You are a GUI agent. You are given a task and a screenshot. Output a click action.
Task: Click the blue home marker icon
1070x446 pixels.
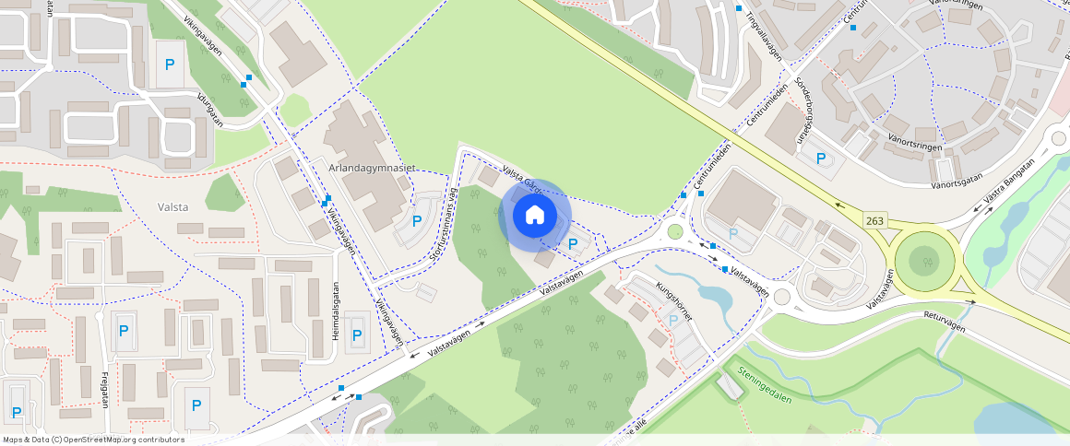coord(534,216)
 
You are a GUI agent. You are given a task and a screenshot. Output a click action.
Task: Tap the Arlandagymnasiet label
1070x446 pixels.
coord(373,169)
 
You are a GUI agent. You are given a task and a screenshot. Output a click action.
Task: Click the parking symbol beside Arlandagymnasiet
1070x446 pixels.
coord(417,220)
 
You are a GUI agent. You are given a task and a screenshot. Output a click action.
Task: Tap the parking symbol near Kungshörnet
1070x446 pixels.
coord(673,320)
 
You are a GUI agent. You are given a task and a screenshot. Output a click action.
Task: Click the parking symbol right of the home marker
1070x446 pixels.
coord(574,244)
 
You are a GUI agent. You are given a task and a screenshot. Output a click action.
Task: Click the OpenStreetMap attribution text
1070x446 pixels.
coord(93,440)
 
